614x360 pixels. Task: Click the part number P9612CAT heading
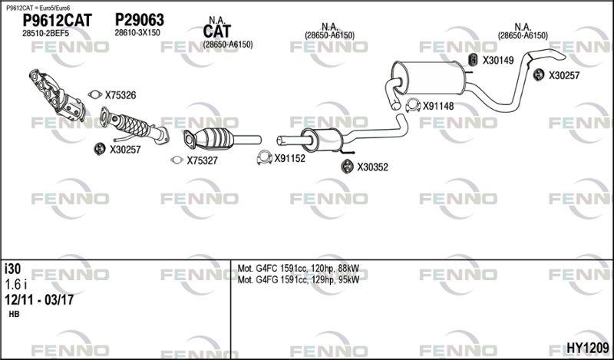point(57,21)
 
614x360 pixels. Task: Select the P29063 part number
point(139,20)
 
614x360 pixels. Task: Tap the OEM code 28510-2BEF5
point(45,34)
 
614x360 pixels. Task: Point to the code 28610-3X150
point(137,33)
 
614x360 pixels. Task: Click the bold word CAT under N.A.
point(217,31)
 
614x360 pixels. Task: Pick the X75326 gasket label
point(120,95)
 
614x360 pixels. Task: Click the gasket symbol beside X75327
point(177,160)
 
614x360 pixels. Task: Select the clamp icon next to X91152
point(264,157)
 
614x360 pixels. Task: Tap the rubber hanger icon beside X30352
point(347,167)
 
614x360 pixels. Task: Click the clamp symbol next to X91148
point(413,105)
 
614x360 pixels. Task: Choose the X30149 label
point(498,61)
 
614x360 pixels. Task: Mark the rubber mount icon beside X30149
point(473,60)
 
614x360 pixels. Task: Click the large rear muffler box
point(430,78)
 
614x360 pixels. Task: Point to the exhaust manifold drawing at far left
point(57,96)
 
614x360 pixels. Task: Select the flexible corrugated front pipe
point(134,125)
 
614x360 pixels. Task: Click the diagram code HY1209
point(588,347)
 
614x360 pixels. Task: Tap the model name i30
point(12,269)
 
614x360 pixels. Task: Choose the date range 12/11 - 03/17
point(39,300)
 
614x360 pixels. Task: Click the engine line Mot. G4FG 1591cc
point(299,279)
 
